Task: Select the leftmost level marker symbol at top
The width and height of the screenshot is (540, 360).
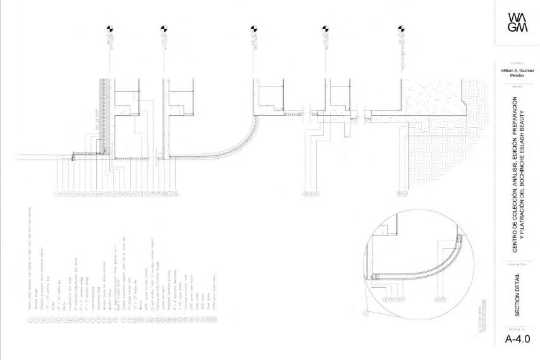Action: (x=109, y=28)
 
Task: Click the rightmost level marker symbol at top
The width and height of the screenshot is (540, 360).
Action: (x=400, y=28)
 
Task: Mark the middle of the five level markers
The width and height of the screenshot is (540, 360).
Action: (x=254, y=28)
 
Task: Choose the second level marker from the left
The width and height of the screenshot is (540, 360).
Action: (x=164, y=28)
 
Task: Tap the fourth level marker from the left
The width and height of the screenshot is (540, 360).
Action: (x=326, y=28)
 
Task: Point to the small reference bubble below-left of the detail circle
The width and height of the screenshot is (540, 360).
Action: (x=365, y=313)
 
